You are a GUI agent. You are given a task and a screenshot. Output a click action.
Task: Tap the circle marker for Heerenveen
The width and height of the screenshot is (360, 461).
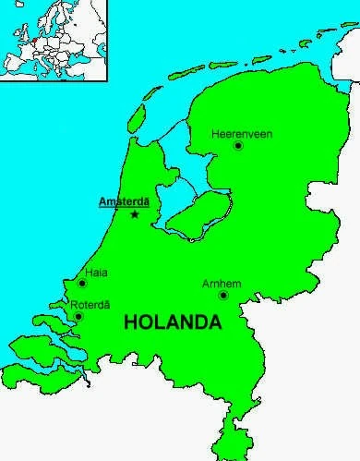238,146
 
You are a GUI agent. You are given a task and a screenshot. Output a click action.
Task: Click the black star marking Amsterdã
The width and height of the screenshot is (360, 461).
136,214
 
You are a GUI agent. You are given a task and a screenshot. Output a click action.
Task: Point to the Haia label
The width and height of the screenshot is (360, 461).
96,273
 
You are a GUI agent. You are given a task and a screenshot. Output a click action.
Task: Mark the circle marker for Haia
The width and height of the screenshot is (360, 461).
82,284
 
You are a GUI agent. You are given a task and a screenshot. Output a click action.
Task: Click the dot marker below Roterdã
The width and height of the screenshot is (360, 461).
78,317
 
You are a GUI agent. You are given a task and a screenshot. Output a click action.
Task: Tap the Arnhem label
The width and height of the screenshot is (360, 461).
222,283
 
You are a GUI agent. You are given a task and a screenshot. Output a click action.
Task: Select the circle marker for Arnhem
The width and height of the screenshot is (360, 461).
223,295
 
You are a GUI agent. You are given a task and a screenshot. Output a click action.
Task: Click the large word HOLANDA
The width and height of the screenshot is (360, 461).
173,323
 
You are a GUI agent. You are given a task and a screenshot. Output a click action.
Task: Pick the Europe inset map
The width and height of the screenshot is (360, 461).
54,40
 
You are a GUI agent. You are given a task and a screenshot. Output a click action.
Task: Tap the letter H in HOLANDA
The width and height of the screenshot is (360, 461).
130,323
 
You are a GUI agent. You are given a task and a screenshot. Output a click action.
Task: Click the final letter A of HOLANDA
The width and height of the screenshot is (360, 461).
215,323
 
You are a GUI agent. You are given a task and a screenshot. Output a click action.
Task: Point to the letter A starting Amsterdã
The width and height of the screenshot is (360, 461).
102,200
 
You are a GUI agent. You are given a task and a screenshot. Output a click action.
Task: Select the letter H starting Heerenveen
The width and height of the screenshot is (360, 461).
214,133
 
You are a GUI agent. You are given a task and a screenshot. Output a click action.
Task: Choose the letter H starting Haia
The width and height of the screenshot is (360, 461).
88,273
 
